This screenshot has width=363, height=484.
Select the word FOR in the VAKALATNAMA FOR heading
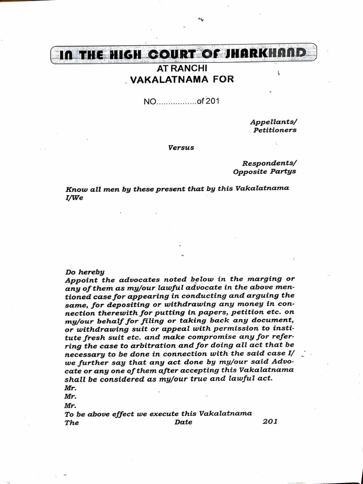click(222, 79)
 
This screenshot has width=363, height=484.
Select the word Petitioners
click(275, 130)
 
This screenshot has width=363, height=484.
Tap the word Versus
click(181, 147)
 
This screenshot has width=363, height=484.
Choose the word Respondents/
click(269, 163)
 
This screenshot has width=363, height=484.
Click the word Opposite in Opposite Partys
click(250, 172)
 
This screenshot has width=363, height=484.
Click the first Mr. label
click(70, 388)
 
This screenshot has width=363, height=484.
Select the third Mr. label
click(70, 405)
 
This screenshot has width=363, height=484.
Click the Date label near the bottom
click(183, 422)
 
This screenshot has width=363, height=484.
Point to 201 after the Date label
click(269, 422)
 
